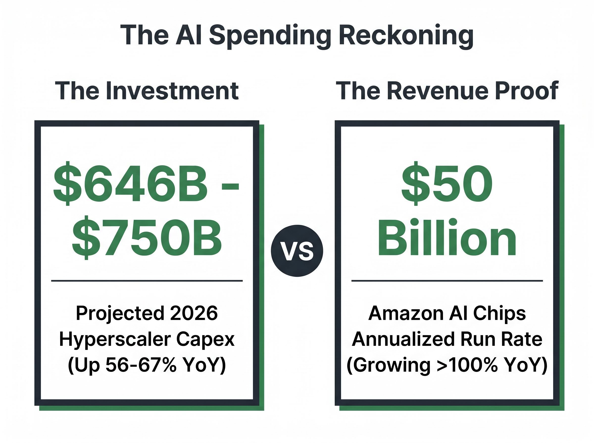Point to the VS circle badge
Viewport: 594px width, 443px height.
tap(297, 251)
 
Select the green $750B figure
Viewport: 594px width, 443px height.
tap(147, 237)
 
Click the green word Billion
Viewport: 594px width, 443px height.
tap(447, 237)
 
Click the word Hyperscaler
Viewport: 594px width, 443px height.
tap(115, 339)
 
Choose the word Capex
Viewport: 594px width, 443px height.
tap(205, 339)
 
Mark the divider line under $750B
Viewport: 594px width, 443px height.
tap(147, 281)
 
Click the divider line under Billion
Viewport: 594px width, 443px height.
tap(447, 281)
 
